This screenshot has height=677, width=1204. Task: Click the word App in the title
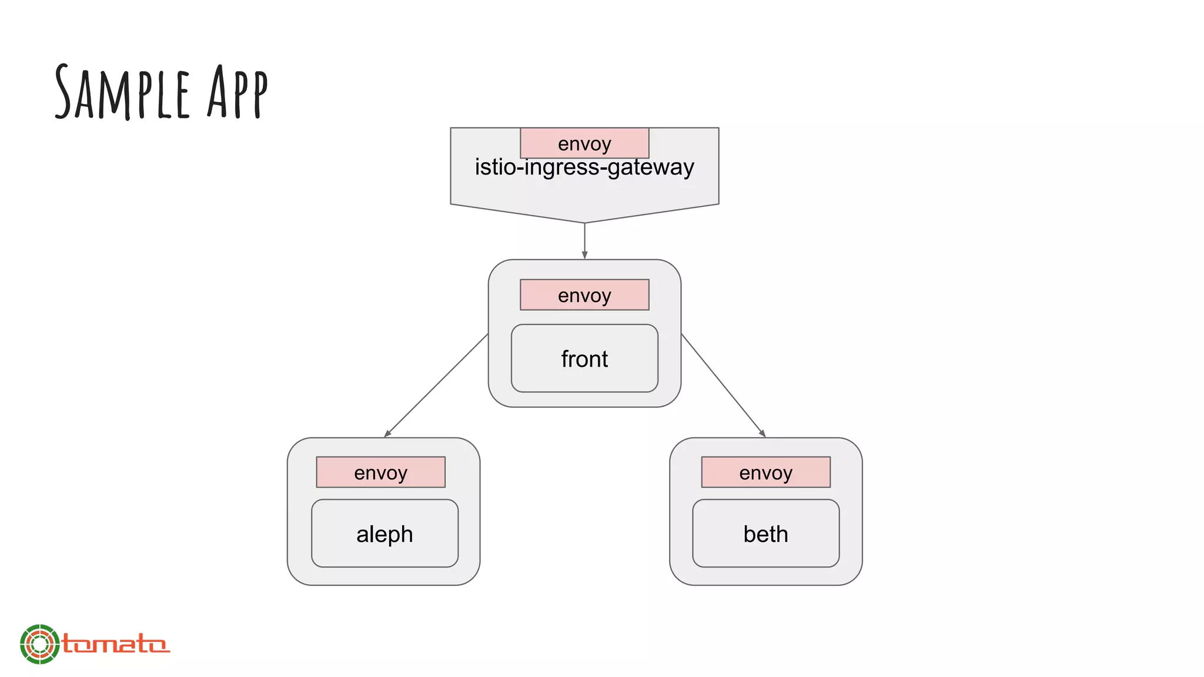tap(238, 93)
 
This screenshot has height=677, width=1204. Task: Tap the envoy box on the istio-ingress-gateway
tap(584, 143)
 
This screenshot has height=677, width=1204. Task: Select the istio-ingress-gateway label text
tap(584, 167)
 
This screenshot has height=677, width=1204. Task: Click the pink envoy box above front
tap(584, 294)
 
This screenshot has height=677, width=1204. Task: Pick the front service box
tap(584, 358)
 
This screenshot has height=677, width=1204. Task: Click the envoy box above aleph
tap(380, 472)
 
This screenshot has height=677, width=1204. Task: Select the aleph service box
tap(384, 534)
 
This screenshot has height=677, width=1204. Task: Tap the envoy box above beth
tap(765, 472)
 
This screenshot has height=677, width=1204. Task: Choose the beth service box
tap(765, 534)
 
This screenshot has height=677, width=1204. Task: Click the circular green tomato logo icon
tap(39, 644)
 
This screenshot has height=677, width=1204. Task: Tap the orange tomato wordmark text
tap(115, 644)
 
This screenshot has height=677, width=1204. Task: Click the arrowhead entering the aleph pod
tap(387, 434)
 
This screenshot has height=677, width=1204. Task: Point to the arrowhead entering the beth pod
tap(762, 434)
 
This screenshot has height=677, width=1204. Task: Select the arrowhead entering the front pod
tap(584, 255)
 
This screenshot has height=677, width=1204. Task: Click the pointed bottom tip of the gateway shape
tap(584, 222)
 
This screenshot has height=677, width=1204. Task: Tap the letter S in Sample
tap(63, 93)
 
